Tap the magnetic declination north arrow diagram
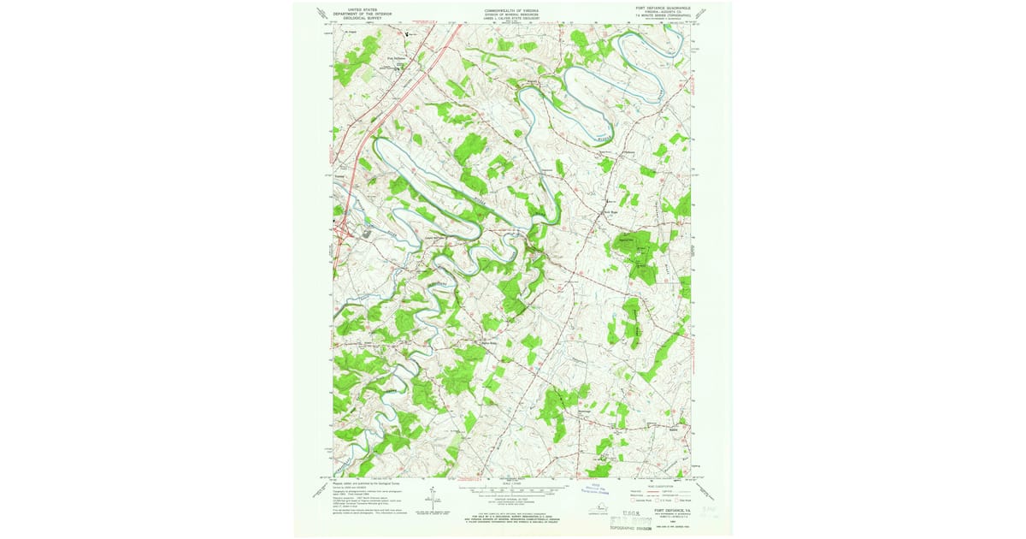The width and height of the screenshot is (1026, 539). (433, 496)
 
